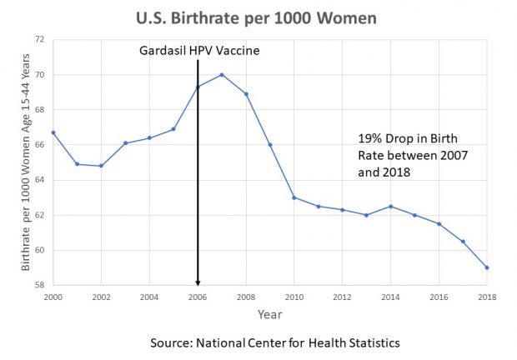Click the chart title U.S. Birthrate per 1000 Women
(259, 17)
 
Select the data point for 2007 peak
(222, 75)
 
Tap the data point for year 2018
(487, 267)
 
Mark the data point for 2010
(294, 197)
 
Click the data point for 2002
(102, 166)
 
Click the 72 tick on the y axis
(39, 39)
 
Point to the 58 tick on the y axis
(39, 285)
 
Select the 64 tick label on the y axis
(39, 180)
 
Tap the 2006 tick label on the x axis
(198, 296)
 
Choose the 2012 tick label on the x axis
(343, 296)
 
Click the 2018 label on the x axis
(487, 296)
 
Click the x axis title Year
(270, 315)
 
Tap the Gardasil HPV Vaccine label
(200, 52)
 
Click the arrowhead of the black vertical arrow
(198, 282)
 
